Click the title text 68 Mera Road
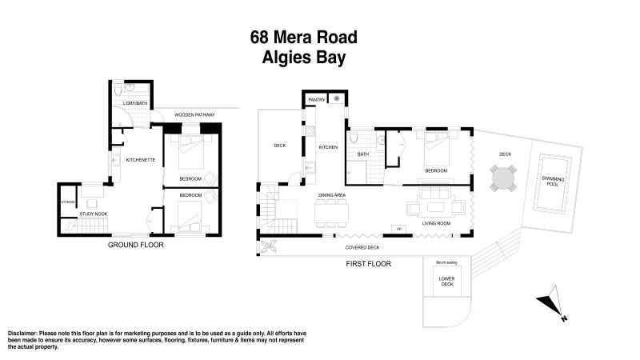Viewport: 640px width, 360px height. [x=303, y=37]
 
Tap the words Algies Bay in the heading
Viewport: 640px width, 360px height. [x=303, y=58]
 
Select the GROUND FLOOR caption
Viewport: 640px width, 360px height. [x=135, y=246]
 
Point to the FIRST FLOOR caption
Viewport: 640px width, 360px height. [x=368, y=263]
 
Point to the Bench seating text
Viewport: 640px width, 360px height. [x=446, y=262]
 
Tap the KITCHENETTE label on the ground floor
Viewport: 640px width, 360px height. [x=141, y=160]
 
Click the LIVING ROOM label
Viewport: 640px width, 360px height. [x=437, y=224]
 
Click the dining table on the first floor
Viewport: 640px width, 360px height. [x=331, y=213]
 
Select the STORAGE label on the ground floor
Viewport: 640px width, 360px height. [x=68, y=202]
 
